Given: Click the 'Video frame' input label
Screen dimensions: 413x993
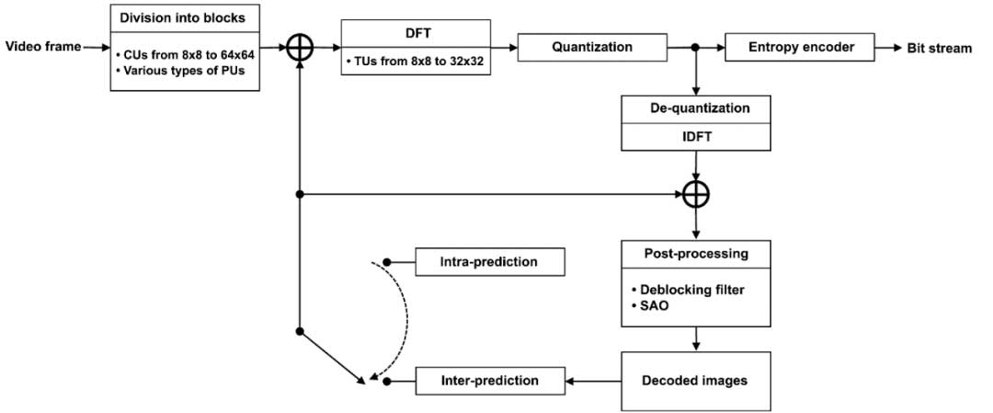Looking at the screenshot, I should pyautogui.click(x=41, y=46).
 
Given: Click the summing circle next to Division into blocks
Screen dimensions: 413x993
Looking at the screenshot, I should pyautogui.click(x=300, y=47).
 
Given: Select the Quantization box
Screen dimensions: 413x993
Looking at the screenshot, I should pyautogui.click(x=592, y=47).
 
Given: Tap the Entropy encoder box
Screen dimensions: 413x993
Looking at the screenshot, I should pyautogui.click(x=799, y=47).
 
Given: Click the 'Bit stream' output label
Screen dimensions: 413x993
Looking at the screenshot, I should pyautogui.click(x=939, y=47).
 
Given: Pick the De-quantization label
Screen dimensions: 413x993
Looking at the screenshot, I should pyautogui.click(x=695, y=109).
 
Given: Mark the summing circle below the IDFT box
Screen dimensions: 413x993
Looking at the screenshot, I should pyautogui.click(x=696, y=194).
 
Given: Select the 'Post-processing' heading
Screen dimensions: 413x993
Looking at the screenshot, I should pyautogui.click(x=695, y=253).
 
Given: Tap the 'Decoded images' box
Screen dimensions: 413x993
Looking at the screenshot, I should pyautogui.click(x=695, y=380).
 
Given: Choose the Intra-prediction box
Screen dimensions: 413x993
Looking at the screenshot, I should pyautogui.click(x=489, y=262).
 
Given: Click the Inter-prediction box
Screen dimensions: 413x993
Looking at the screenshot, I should pyautogui.click(x=489, y=380).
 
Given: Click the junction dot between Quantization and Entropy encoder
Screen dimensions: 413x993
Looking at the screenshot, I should pyautogui.click(x=696, y=47).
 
